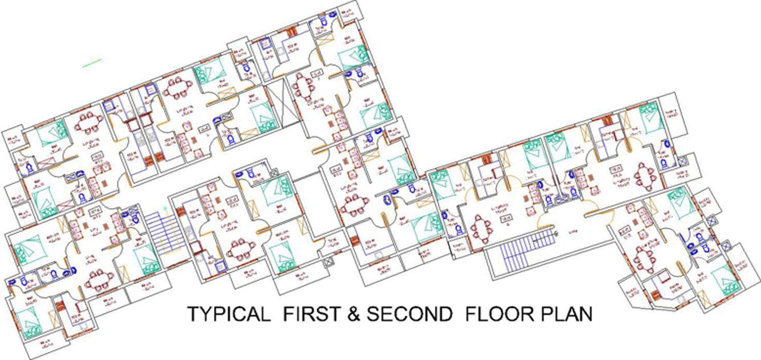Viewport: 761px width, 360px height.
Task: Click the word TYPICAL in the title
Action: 228,314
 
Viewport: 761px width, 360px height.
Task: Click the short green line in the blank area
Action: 92,63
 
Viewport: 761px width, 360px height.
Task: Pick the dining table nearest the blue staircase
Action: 482,230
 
